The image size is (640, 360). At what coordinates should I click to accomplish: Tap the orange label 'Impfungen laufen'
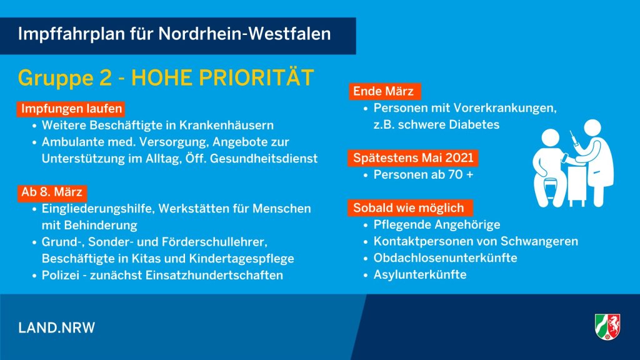pos(71,109)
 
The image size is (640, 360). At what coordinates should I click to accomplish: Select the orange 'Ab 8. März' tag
pos(52,192)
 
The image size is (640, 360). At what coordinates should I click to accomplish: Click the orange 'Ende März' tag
pos(384,91)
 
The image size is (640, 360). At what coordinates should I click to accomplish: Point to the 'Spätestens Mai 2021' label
pos(413,158)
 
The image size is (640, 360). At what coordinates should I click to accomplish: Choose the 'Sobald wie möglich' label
pos(410,207)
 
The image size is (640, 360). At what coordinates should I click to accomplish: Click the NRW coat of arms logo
pos(607,326)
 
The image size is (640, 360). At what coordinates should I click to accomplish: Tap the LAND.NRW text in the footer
pos(57,327)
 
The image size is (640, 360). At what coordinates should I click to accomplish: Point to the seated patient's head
pos(550,139)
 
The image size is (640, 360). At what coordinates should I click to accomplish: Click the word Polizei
pos(61,275)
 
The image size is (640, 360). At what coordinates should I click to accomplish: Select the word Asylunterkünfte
pos(420,274)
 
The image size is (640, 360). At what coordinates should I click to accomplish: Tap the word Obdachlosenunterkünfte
pos(445,258)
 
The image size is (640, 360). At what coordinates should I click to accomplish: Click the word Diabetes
pos(474,124)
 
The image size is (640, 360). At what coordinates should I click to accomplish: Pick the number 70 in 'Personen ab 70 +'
pos(455,175)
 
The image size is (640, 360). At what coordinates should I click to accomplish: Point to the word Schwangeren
pos(539,241)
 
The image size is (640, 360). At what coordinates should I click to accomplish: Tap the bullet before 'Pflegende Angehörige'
pos(366,225)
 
